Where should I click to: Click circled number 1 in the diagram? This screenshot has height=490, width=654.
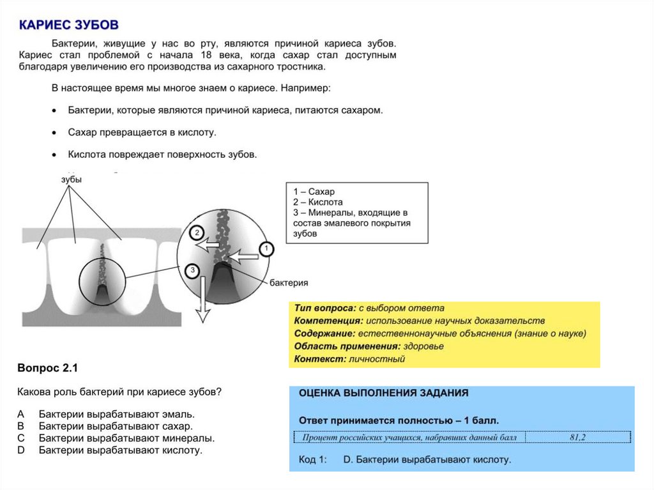pos(266,249)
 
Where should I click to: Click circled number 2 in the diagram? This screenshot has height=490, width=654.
pos(197,233)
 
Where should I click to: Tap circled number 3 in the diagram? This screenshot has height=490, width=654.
pos(192,271)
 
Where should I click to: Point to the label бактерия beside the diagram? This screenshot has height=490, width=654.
pos(289,282)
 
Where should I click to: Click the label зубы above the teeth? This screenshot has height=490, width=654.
pos(72,180)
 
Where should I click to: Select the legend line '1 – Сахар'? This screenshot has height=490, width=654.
pos(314,192)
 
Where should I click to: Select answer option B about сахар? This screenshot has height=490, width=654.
pos(115,426)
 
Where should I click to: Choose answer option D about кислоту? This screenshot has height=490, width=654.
pos(120,450)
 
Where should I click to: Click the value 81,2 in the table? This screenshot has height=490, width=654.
pos(577,438)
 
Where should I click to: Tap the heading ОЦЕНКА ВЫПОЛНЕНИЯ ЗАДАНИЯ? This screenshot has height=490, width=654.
pos(383,394)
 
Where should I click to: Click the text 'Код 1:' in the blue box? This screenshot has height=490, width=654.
pos(312,459)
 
